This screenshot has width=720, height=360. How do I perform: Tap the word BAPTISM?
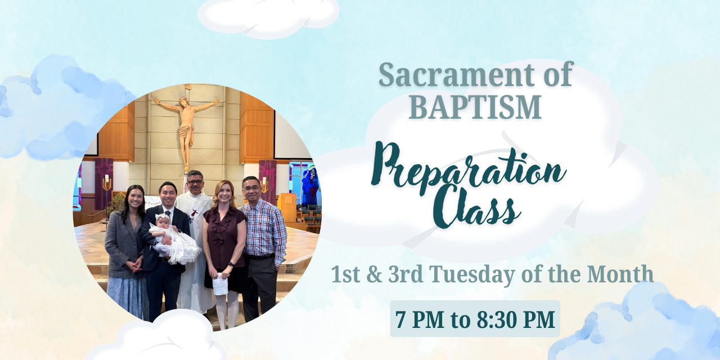click(x=475, y=107)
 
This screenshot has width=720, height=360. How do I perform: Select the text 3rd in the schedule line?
click(x=406, y=274)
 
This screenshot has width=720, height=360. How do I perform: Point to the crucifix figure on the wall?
click(x=186, y=129)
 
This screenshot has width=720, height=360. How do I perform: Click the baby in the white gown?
click(x=174, y=240)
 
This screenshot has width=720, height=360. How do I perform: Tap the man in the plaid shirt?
click(x=263, y=247)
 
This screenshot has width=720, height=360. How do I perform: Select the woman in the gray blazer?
click(x=126, y=253)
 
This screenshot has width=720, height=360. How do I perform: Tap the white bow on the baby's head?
click(x=163, y=216)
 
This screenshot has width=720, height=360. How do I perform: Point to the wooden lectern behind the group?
click(x=287, y=207)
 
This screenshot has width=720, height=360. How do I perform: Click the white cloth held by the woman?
click(x=220, y=283)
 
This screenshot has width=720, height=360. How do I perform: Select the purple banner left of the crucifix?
click(x=104, y=183)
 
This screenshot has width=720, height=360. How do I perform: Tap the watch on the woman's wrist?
click(x=230, y=264)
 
